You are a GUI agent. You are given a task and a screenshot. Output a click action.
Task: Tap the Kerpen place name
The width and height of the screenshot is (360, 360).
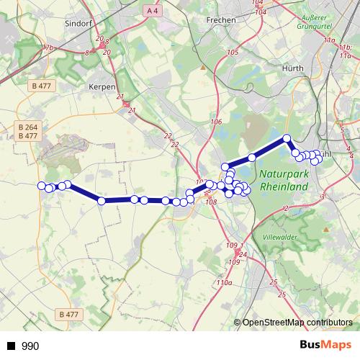(x=102, y=86)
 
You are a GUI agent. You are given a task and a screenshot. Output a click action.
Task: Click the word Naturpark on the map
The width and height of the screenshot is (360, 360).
(x=283, y=174)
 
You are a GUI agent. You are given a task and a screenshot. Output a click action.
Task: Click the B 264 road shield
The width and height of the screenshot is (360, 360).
(x=27, y=127)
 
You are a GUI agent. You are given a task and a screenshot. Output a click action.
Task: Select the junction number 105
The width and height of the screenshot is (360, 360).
(x=232, y=53)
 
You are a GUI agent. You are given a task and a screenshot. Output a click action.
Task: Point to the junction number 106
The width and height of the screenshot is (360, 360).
(x=215, y=122)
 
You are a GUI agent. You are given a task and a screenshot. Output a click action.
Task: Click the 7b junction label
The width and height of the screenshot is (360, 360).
(x=50, y=48)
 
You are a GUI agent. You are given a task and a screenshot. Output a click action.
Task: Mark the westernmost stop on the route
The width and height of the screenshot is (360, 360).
(x=42, y=186)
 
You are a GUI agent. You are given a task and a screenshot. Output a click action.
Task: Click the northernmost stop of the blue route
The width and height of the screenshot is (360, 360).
(x=287, y=138)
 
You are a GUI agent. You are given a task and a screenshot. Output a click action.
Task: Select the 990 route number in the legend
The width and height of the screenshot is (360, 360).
(x=30, y=346)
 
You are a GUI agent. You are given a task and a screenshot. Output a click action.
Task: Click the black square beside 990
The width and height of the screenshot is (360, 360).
(x=11, y=346)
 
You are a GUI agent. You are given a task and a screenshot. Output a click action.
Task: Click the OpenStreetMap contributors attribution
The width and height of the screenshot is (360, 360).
(x=297, y=323)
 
